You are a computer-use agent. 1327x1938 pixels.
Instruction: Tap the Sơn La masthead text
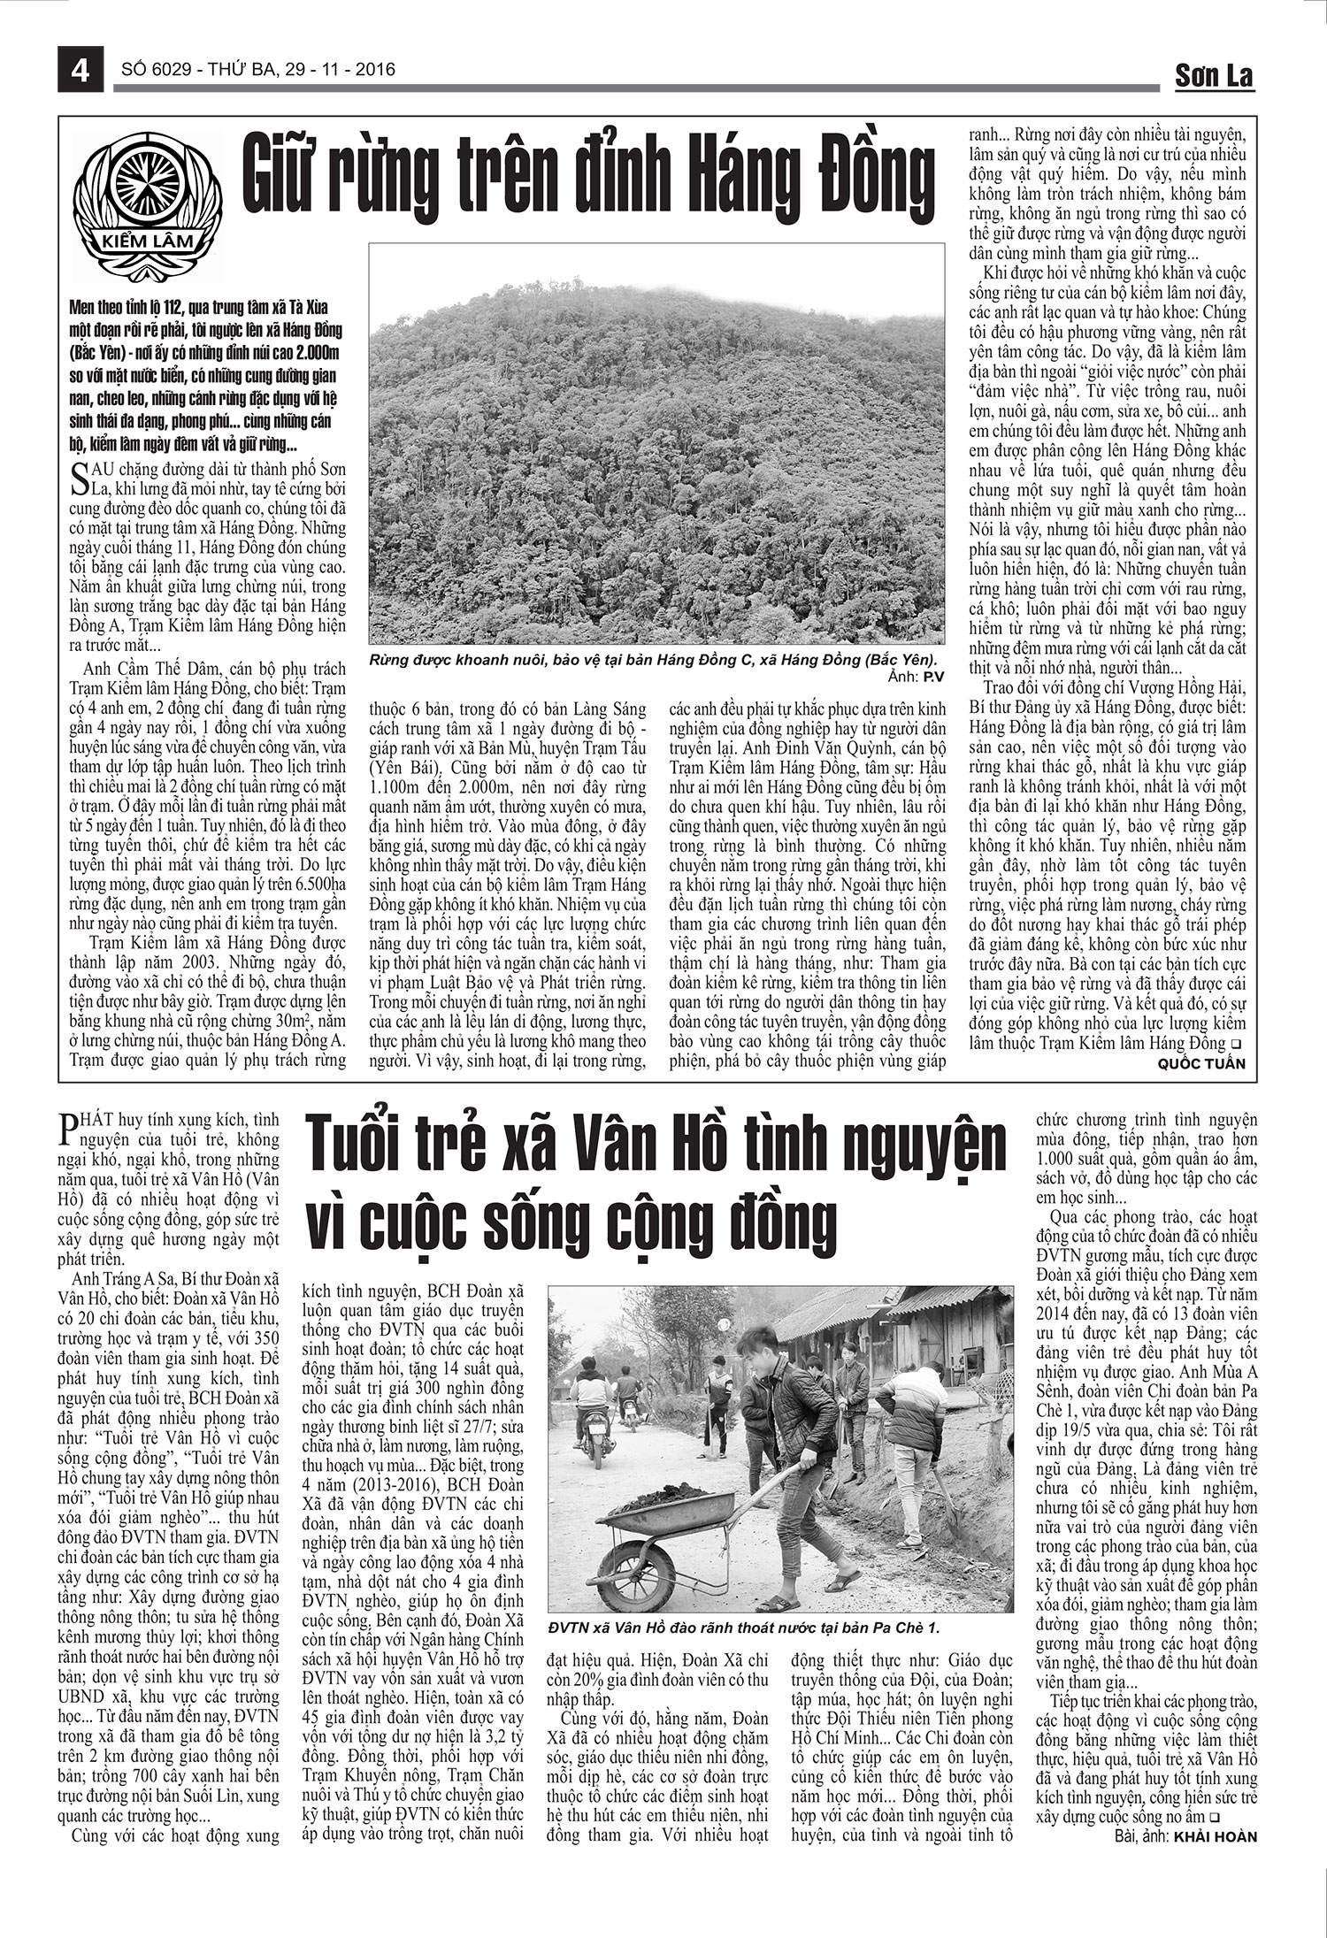click(x=1214, y=77)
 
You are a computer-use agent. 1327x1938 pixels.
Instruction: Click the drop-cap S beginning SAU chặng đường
click(x=77, y=471)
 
